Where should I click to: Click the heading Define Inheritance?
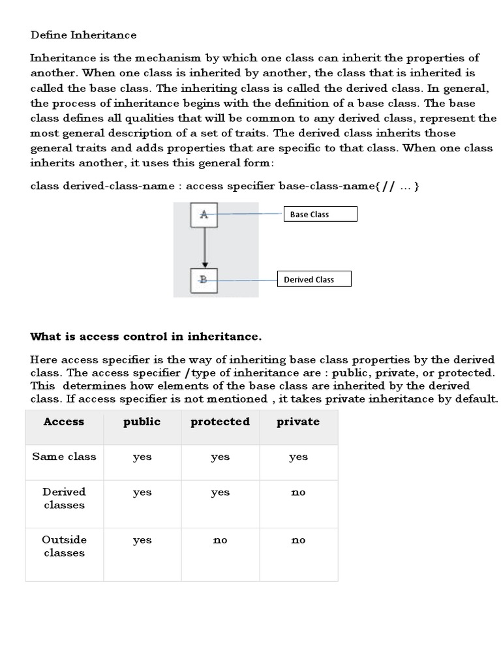(x=83, y=35)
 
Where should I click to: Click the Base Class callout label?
(x=320, y=214)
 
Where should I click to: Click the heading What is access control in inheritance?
(x=146, y=337)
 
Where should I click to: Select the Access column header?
(x=64, y=421)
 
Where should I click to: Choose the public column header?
(x=142, y=421)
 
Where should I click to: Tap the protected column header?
(x=220, y=421)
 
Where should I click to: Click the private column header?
(x=298, y=421)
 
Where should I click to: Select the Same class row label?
(x=64, y=457)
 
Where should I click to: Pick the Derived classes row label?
(x=64, y=498)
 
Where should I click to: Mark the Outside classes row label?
(x=64, y=546)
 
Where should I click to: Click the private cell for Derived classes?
(x=298, y=493)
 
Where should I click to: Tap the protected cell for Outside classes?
(x=220, y=540)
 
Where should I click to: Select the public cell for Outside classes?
(x=142, y=540)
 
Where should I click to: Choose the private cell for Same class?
(x=298, y=457)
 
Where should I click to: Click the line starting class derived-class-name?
(x=226, y=186)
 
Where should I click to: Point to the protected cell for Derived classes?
(x=220, y=493)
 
